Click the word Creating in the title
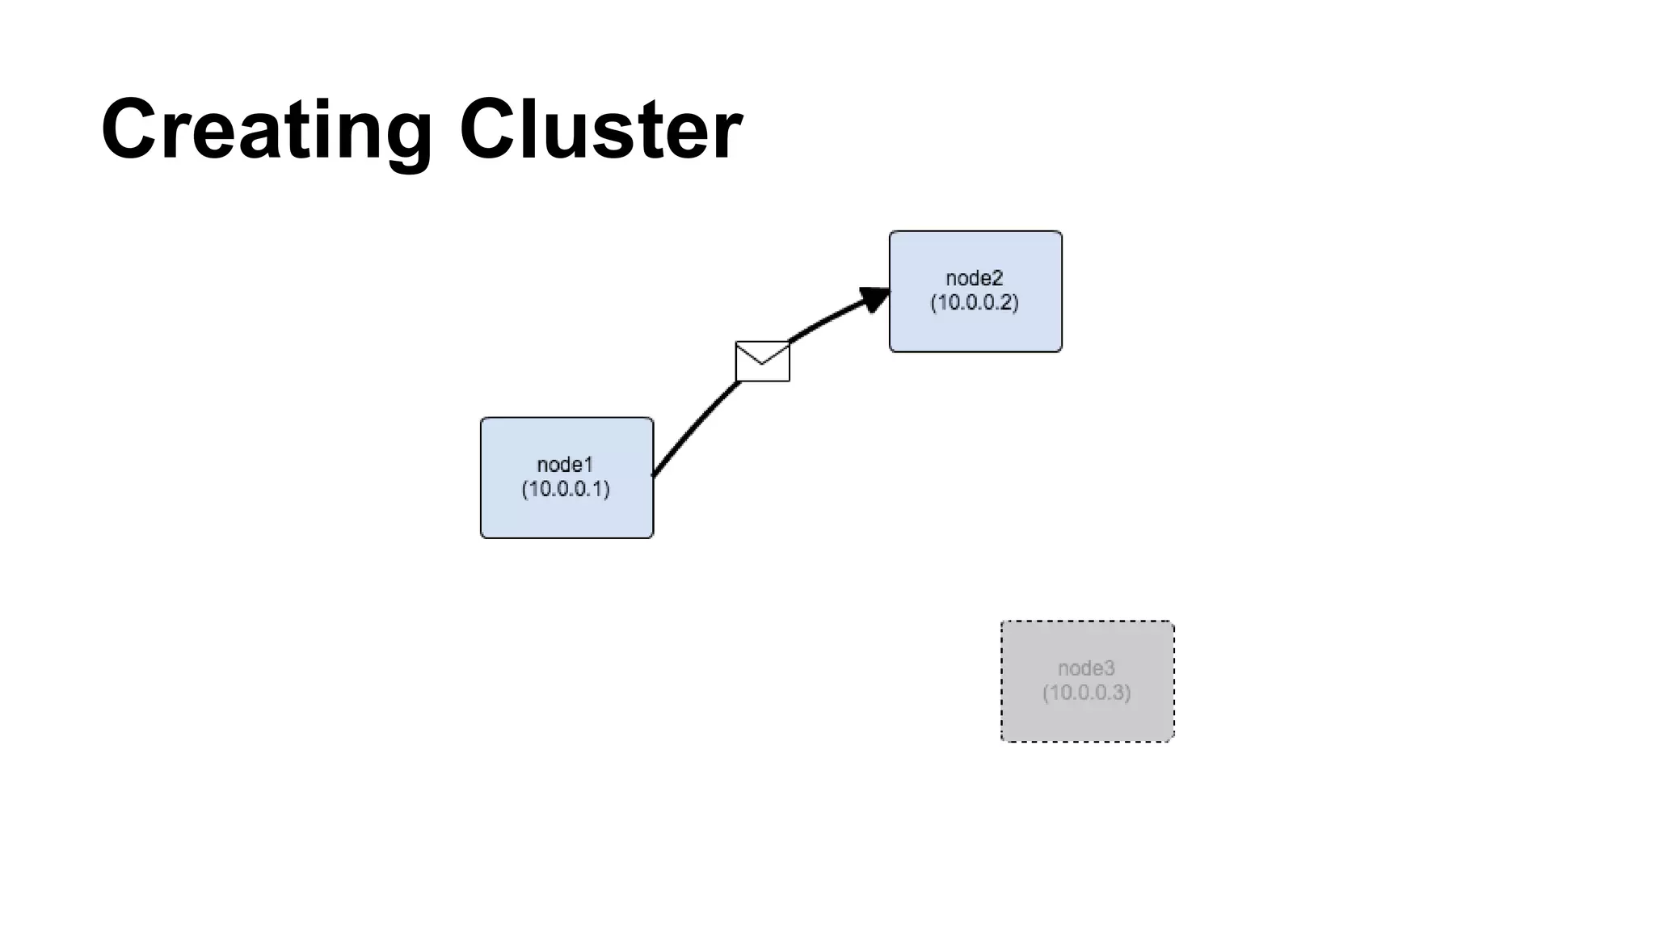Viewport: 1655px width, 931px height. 267,129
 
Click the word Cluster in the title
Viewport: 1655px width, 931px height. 600,129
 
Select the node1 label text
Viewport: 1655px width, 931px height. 565,465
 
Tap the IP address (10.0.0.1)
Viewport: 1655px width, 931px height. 566,489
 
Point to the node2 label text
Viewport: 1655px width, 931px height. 974,278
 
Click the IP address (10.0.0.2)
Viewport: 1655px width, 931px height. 975,302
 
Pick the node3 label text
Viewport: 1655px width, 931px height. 1086,668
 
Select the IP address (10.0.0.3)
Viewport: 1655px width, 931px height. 1086,693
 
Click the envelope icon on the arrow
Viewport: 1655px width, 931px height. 762,361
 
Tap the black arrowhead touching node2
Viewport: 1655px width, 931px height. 874,298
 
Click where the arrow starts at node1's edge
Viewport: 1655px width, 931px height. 653,475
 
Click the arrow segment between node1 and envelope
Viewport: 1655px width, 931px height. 695,426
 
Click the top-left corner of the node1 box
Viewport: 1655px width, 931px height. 482,419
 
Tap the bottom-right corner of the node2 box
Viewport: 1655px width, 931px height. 1061,351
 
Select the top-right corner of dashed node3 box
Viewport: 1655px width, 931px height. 1173,622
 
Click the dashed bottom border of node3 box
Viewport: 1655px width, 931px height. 1087,740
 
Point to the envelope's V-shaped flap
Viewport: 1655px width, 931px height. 762,356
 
